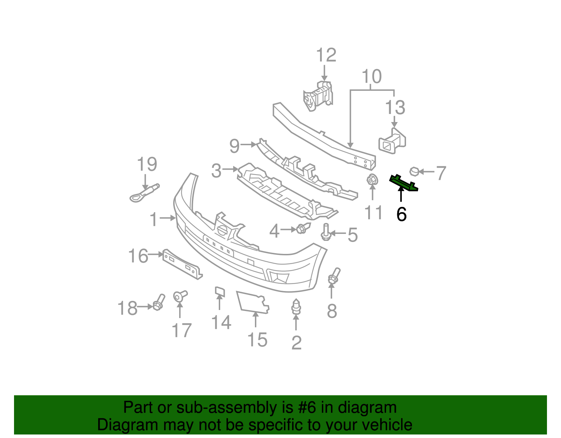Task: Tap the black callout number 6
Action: click(x=401, y=214)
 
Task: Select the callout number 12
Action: click(x=326, y=55)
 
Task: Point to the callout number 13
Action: click(x=395, y=108)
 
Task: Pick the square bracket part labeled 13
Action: click(x=392, y=142)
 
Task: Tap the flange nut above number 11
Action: click(x=372, y=180)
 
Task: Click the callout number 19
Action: click(x=147, y=164)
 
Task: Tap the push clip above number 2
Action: click(x=296, y=307)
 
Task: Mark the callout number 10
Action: click(x=372, y=76)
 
